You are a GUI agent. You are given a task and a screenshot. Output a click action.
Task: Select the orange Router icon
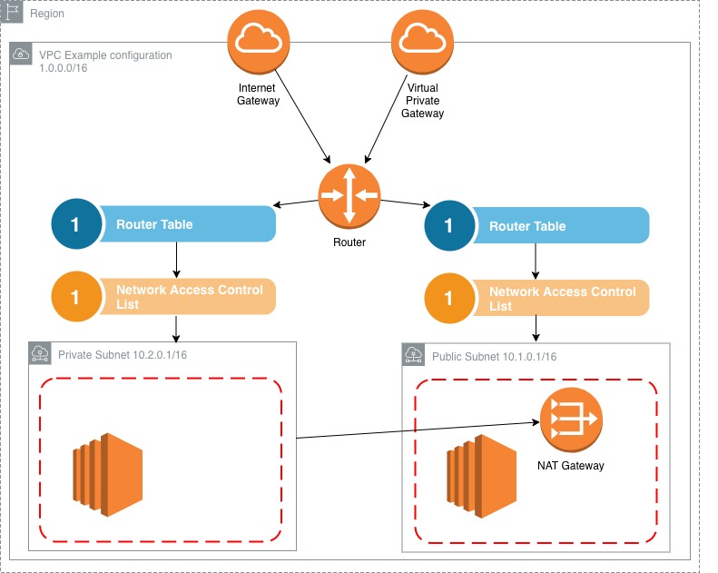click(349, 195)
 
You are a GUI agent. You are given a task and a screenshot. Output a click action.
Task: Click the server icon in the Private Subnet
click(108, 475)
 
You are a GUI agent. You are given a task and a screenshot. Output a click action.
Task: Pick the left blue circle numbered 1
click(74, 224)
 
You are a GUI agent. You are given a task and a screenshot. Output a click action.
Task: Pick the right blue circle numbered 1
click(448, 225)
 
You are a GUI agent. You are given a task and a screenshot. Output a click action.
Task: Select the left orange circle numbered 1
click(74, 297)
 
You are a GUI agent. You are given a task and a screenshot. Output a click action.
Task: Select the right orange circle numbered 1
click(448, 298)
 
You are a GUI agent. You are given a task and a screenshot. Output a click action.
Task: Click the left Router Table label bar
click(191, 224)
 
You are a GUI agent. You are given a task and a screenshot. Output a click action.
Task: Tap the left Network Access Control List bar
click(191, 297)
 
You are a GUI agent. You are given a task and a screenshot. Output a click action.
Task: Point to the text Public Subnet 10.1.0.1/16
click(494, 355)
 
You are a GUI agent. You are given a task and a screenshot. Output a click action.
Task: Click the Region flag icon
click(14, 13)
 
